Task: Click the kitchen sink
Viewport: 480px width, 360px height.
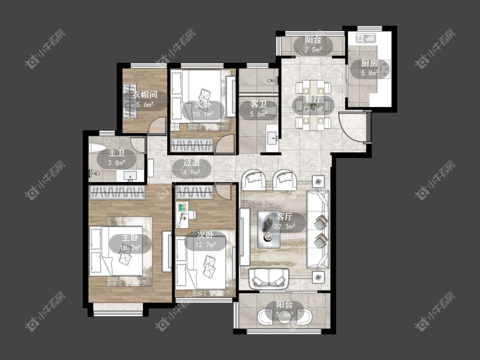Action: [x=366, y=38]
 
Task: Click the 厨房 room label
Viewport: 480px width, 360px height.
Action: [x=369, y=63]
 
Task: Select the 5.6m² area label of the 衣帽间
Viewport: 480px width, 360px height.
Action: [x=145, y=105]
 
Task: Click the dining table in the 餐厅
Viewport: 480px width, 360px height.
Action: [x=313, y=105]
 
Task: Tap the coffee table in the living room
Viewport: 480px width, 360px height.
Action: [x=269, y=229]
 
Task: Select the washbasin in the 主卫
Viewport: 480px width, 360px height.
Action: [x=130, y=175]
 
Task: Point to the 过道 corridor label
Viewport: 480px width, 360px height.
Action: [x=192, y=163]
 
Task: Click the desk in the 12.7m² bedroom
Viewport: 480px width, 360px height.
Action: [x=183, y=215]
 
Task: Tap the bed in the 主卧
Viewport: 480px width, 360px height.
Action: [x=116, y=251]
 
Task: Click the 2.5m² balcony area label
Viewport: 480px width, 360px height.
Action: [x=313, y=49]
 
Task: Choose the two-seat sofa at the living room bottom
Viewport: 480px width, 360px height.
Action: [x=269, y=279]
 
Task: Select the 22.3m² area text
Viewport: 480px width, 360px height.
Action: [x=285, y=226]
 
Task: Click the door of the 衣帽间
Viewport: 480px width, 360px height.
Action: [x=157, y=126]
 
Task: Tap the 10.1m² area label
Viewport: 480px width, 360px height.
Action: [x=203, y=114]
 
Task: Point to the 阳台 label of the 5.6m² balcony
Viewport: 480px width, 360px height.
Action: [x=285, y=305]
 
